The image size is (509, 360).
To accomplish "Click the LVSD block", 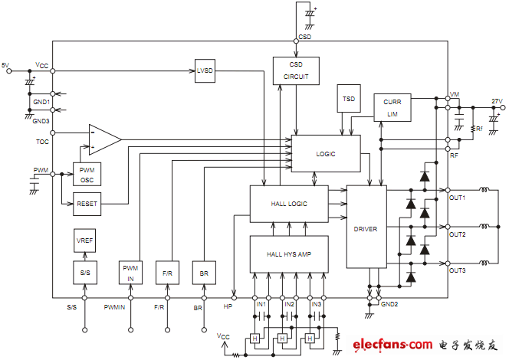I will (205, 70).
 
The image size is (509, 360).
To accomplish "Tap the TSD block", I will (349, 99).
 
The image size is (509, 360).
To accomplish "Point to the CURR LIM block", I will (392, 107).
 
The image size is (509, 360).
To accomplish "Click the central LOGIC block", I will (325, 154).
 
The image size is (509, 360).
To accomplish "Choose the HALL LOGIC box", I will (288, 204).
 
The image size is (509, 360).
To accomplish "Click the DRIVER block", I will (366, 227).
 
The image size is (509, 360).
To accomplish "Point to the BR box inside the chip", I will (203, 273).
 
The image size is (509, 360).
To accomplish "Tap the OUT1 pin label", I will (457, 198).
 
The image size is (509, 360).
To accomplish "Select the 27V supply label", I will (496, 101).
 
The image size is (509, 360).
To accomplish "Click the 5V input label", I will (7, 65).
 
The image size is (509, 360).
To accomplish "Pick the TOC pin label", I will (41, 142).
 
